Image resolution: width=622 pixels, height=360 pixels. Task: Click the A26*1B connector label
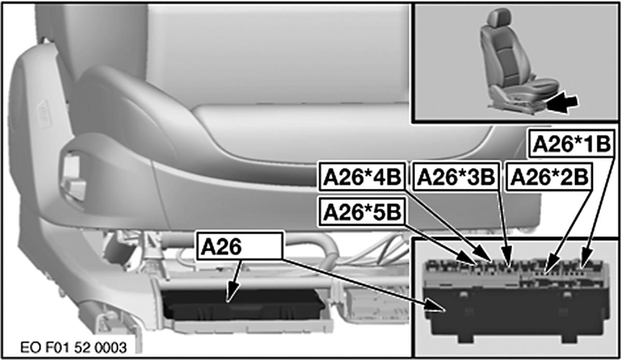pos(571,144)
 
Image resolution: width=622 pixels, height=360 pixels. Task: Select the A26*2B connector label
pos(549,177)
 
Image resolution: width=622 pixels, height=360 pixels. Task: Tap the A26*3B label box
pos(456,177)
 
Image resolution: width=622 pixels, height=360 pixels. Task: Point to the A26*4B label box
pos(362,177)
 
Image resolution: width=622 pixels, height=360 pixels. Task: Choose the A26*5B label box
pos(362,212)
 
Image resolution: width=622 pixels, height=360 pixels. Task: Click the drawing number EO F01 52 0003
pos(74,348)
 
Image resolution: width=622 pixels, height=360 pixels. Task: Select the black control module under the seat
pos(243,304)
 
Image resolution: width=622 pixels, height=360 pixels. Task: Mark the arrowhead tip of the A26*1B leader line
pos(583,269)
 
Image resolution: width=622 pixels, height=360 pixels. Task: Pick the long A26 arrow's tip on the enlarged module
pos(445,311)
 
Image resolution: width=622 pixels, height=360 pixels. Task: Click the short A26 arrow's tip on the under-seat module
pos(227,301)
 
